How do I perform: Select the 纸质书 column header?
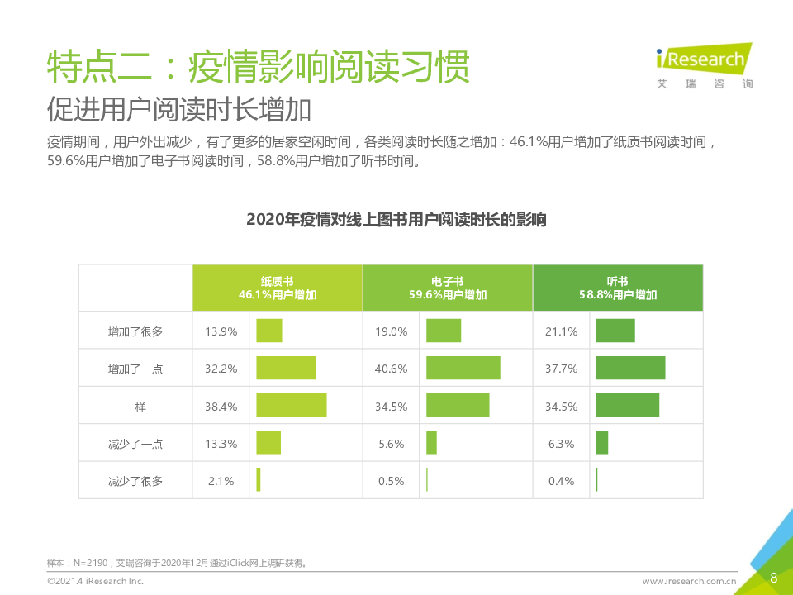[277, 288]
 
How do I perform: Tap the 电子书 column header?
[447, 288]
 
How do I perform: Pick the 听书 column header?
[617, 288]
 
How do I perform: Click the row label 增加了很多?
[135, 331]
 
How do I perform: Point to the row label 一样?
[135, 406]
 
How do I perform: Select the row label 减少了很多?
[135, 480]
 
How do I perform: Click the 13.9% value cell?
[221, 331]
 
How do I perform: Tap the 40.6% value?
[391, 369]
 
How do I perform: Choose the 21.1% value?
[561, 331]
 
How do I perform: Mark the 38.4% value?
[221, 406]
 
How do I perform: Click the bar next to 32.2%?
[286, 368]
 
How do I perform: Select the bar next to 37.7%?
[630, 368]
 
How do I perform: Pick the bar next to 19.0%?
[444, 331]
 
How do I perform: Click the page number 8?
[773, 578]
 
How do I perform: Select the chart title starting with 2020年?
[396, 220]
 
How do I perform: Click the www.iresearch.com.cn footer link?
[689, 582]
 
